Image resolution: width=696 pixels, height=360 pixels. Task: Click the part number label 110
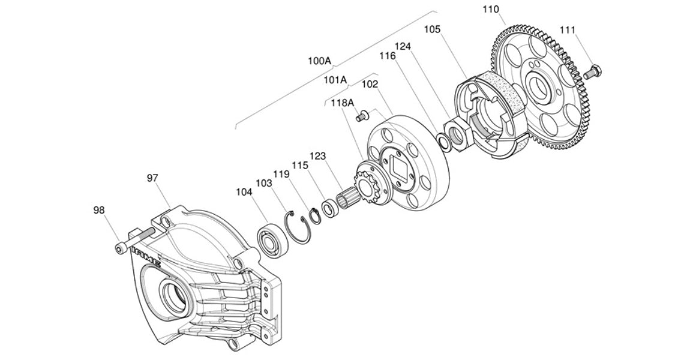click(490, 10)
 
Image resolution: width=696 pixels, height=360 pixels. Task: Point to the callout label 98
click(100, 210)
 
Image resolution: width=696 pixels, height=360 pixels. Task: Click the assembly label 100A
click(319, 61)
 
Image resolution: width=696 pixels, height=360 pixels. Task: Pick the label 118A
click(343, 103)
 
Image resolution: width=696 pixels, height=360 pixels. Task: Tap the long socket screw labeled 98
click(135, 240)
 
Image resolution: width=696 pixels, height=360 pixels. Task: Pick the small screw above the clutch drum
click(362, 117)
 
